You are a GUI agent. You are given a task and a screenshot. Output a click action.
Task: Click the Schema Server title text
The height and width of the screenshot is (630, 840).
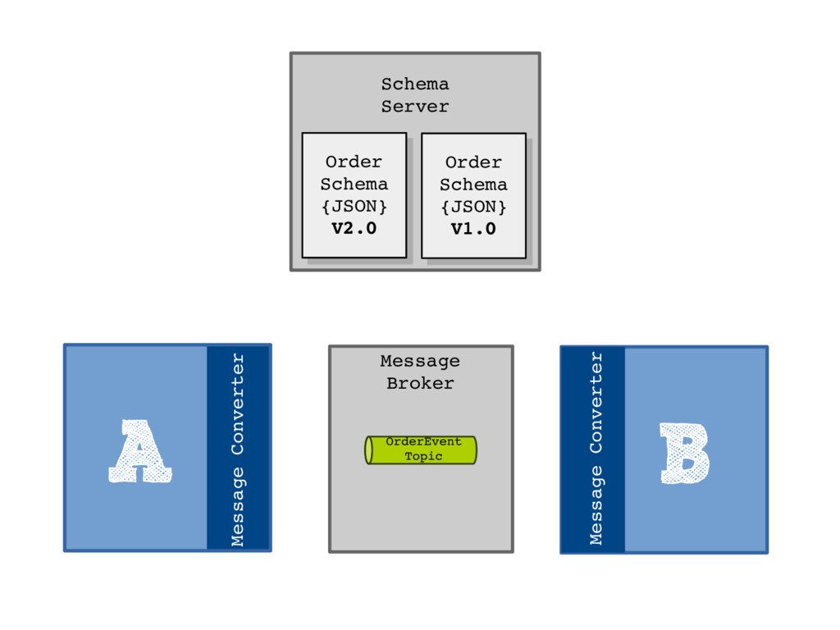click(x=415, y=95)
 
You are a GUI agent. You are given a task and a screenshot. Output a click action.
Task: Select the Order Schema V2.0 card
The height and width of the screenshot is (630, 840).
click(x=354, y=194)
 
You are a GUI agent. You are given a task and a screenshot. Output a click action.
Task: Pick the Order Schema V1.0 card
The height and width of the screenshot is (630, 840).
click(x=473, y=195)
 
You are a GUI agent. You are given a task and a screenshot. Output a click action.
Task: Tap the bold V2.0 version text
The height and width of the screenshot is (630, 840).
click(x=354, y=229)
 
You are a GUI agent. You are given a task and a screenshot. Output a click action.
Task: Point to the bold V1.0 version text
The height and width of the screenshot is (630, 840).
click(x=473, y=230)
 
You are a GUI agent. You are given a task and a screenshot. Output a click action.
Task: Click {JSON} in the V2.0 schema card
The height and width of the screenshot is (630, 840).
click(x=354, y=206)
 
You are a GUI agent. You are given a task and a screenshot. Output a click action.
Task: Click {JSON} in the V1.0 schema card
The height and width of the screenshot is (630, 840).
click(x=473, y=207)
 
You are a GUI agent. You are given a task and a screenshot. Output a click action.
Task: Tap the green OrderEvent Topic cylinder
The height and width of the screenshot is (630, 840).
click(x=421, y=450)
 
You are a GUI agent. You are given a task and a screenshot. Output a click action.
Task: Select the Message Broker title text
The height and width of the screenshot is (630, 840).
click(x=420, y=372)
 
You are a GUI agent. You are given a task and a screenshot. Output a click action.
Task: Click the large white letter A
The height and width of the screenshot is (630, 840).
click(x=139, y=452)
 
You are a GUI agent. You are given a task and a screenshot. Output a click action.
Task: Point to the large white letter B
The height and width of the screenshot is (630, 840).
click(x=683, y=453)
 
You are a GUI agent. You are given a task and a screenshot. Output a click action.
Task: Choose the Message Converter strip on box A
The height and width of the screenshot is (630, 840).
click(x=238, y=448)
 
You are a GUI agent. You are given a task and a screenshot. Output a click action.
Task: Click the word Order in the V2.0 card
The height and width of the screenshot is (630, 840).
click(x=354, y=162)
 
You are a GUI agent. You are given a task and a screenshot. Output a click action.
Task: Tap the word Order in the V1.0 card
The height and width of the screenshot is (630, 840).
click(x=473, y=162)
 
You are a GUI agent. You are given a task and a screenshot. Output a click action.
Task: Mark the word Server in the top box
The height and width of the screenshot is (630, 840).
click(x=415, y=107)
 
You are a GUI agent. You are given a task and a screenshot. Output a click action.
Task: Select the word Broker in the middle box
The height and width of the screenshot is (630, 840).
click(x=420, y=383)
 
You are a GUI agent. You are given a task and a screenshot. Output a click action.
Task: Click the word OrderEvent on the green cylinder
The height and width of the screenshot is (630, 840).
click(x=423, y=442)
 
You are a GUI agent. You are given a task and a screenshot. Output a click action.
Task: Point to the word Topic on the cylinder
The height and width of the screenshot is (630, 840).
click(x=423, y=456)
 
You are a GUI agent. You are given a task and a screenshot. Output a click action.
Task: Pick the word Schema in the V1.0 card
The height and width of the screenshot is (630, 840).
click(x=473, y=185)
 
